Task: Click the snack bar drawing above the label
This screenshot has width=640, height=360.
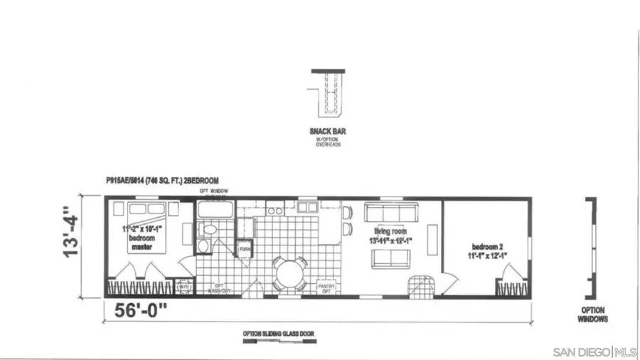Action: pos(329,94)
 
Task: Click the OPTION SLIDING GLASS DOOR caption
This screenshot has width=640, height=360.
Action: pos(278,333)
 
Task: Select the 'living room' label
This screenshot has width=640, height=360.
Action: pos(390,231)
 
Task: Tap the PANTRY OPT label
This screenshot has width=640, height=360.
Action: pos(326,287)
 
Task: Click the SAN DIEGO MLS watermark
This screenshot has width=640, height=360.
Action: pos(594,352)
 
